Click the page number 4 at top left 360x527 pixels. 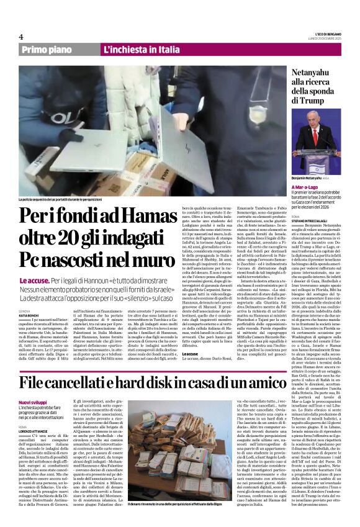point(20,37)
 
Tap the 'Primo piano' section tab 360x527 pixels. point(46,50)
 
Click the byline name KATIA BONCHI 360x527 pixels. point(29,315)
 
